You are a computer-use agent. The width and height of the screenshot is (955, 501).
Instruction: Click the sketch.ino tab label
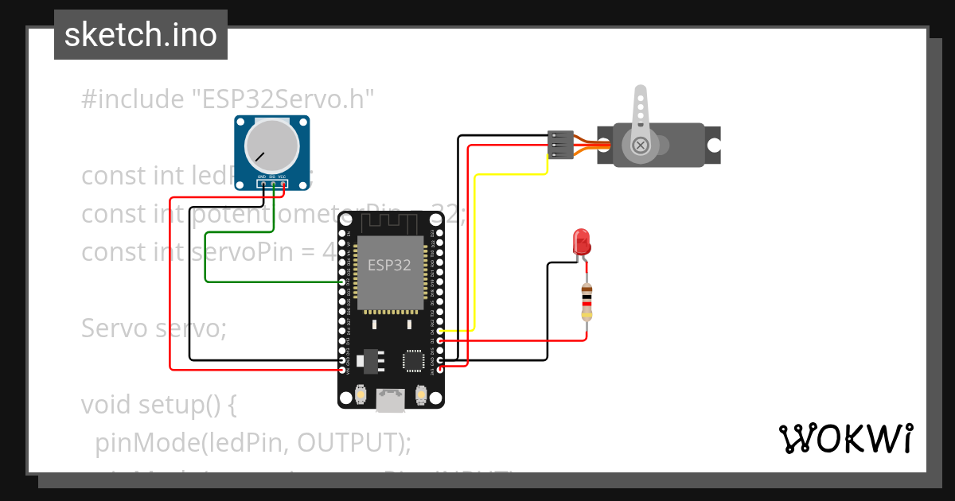pos(141,35)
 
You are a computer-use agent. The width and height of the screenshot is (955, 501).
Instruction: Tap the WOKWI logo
pos(845,438)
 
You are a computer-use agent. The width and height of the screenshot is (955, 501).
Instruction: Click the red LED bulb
pos(581,240)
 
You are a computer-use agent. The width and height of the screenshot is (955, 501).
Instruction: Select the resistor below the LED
pos(587,301)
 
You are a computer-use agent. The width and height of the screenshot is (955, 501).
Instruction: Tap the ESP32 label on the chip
pos(389,265)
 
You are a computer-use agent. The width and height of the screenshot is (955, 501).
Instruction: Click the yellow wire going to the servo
pos(474,254)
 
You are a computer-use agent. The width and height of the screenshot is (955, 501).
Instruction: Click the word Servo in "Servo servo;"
pos(116,328)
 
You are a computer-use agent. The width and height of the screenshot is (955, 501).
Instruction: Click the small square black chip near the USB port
pos(413,360)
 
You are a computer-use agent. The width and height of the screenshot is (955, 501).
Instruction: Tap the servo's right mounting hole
pos(714,146)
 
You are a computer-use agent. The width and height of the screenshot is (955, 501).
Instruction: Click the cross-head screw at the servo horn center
pos(640,146)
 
